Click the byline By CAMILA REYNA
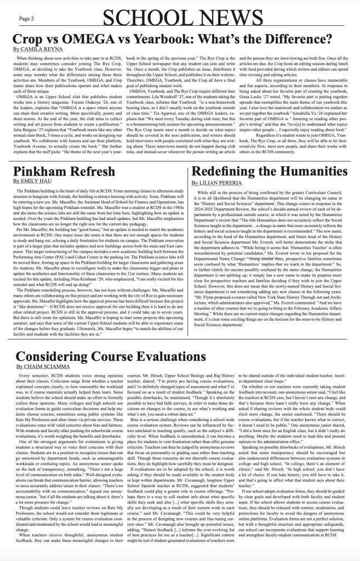pos(34,49)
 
